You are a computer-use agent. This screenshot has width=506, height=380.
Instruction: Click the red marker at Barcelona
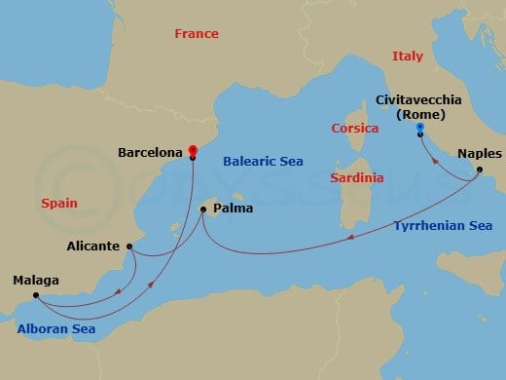(193, 151)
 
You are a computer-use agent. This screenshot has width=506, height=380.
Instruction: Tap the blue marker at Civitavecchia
(419, 128)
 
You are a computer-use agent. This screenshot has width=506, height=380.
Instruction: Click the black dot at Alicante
(128, 247)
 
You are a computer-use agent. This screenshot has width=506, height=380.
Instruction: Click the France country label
(196, 34)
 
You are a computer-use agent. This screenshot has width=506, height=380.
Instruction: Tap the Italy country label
(408, 57)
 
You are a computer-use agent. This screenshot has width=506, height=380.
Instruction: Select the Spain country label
(60, 204)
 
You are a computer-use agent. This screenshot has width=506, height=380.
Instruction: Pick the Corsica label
(354, 128)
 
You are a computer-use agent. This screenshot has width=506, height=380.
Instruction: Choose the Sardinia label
(356, 178)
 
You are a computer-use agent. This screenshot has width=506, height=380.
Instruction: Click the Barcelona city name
(150, 153)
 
